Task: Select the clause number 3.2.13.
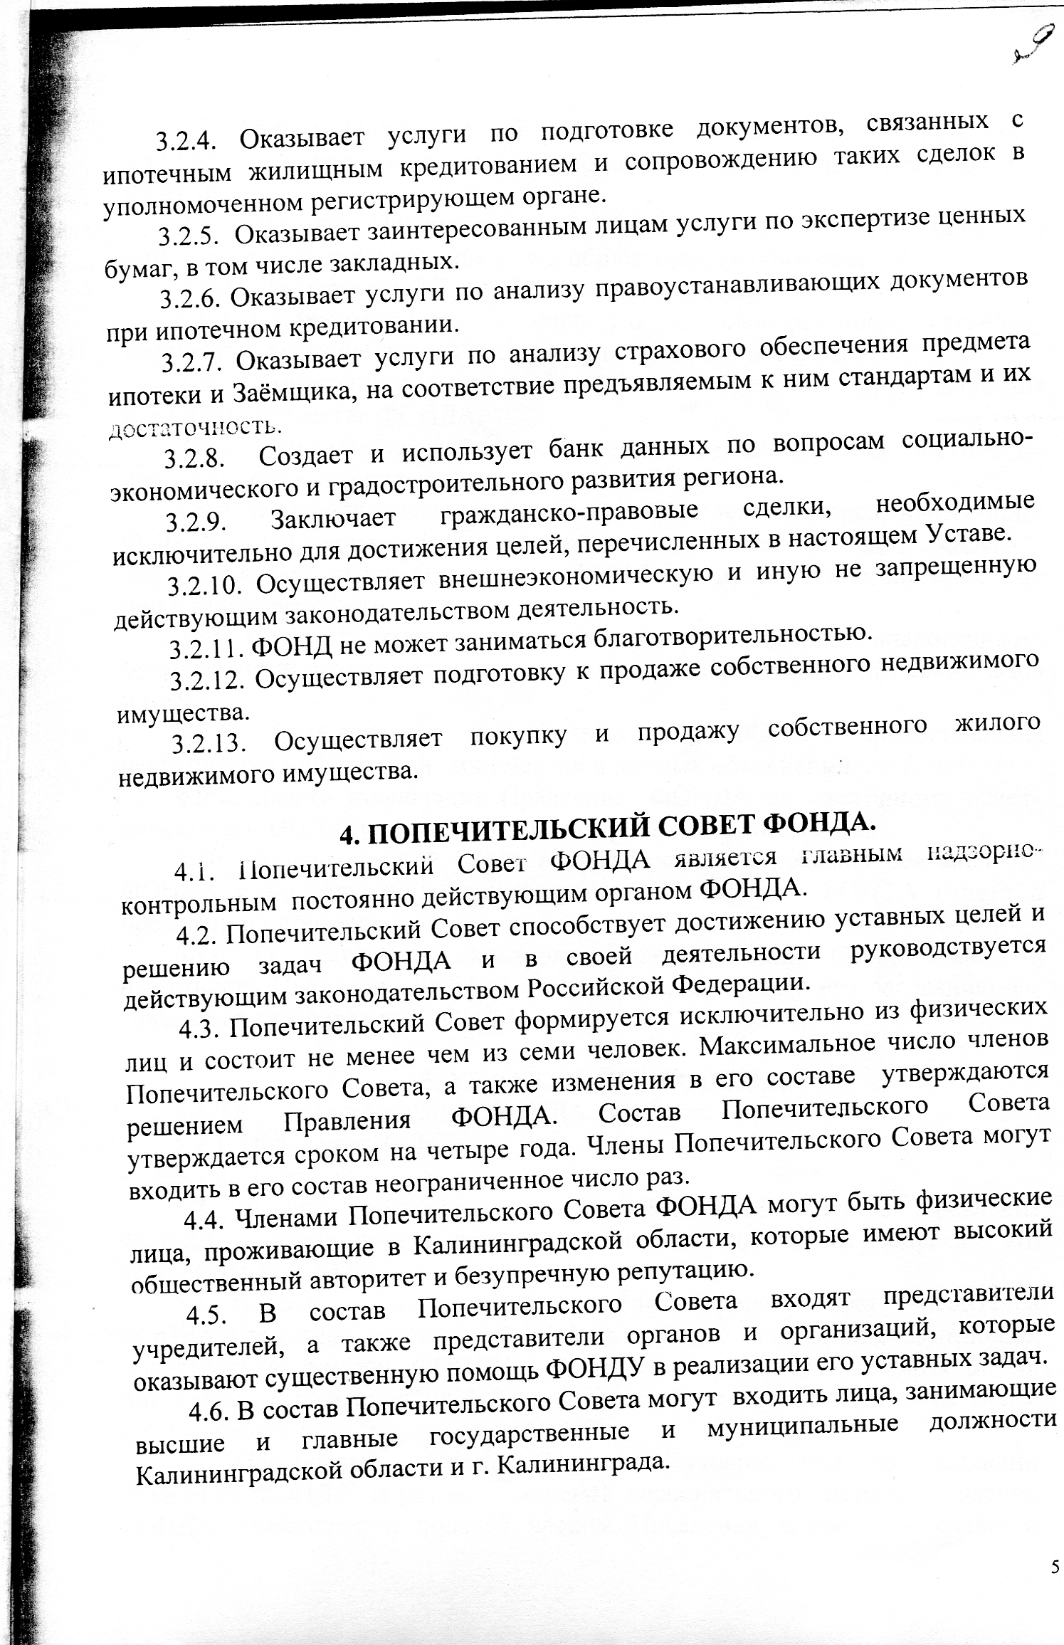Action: click(x=209, y=744)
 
